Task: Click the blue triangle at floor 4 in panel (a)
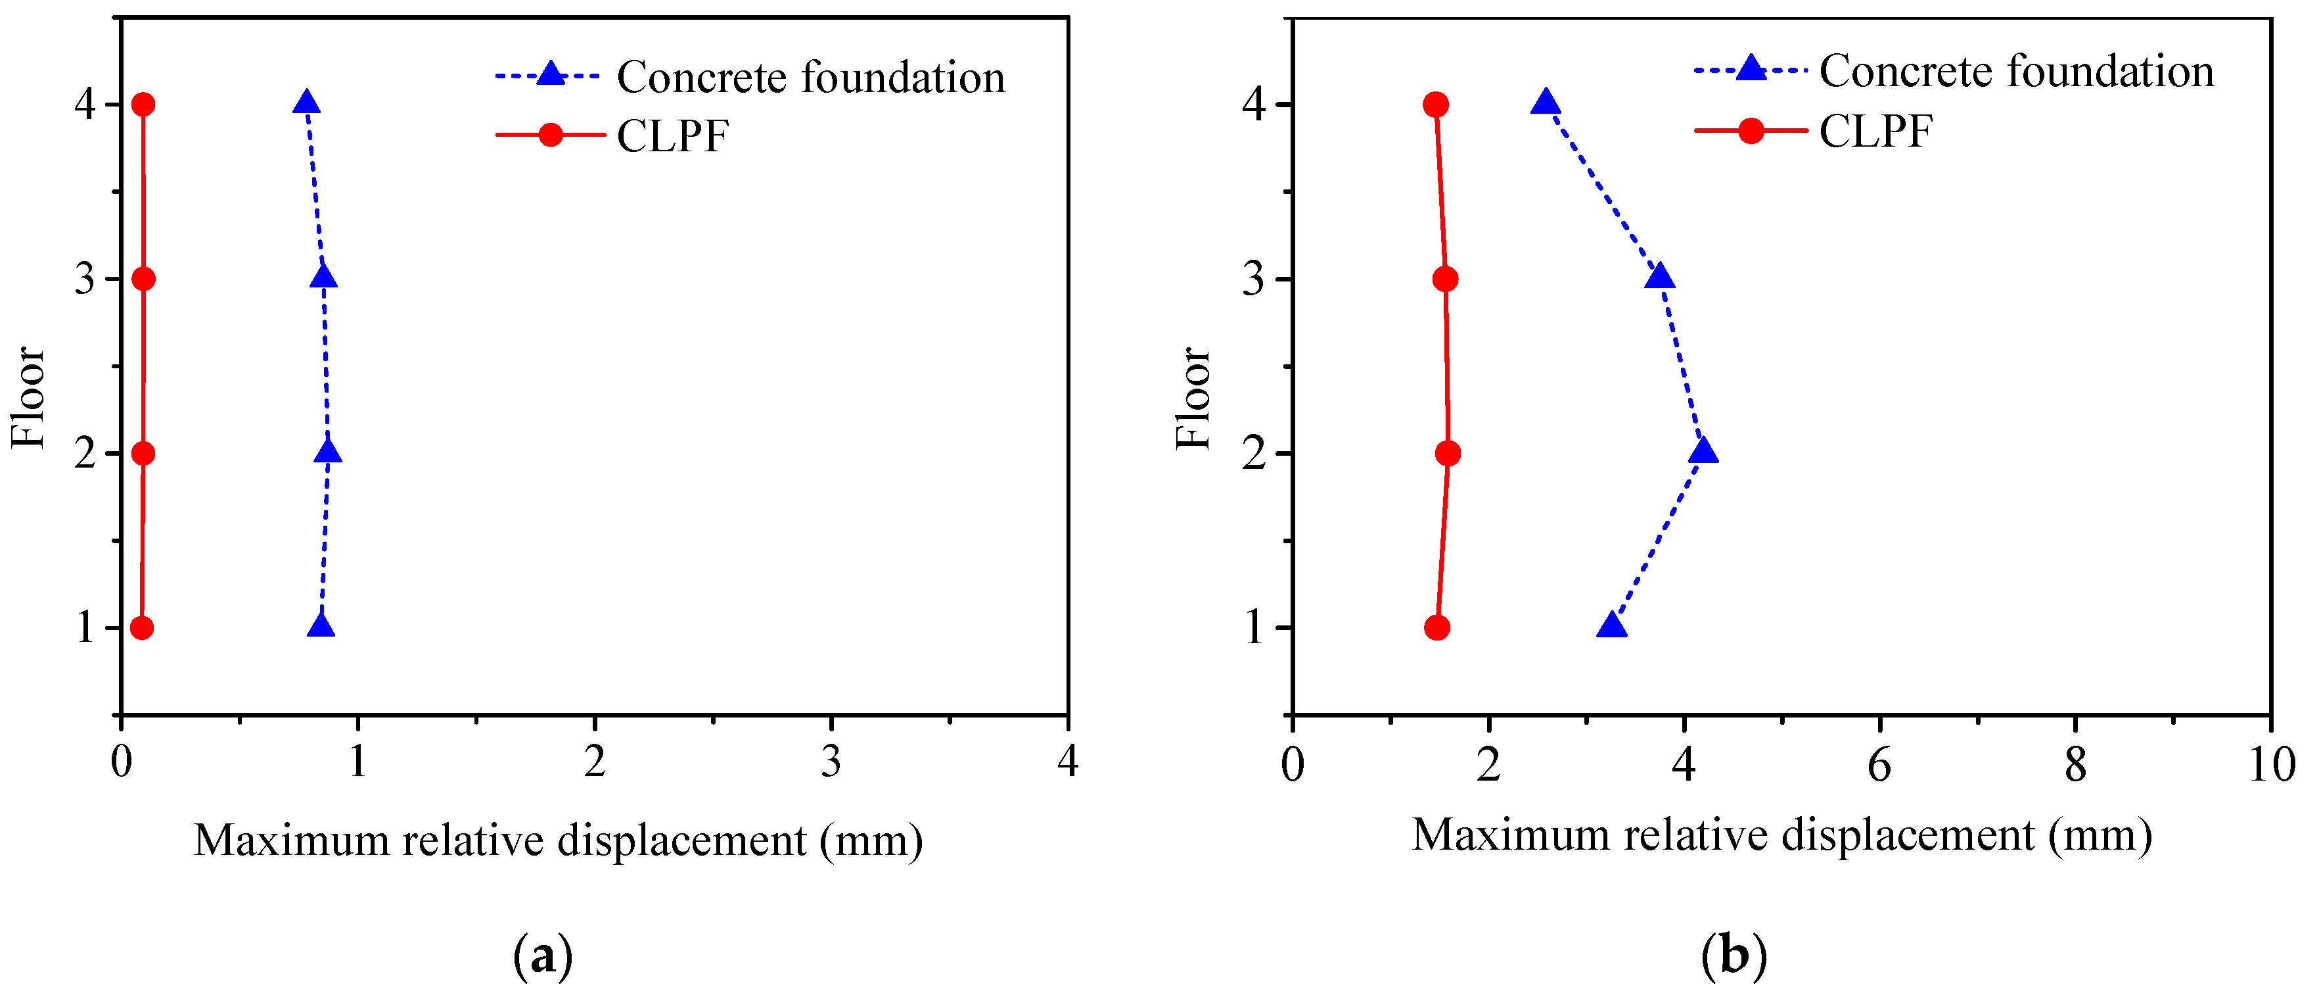click(306, 103)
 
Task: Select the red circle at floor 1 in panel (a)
click(141, 628)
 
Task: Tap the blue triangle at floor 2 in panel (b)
click(1703, 451)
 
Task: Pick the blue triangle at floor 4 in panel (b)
click(1546, 103)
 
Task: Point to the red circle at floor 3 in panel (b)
click(1445, 280)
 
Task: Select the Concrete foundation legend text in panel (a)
click(810, 78)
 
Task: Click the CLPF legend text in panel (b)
click(1875, 132)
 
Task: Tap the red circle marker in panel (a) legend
click(550, 135)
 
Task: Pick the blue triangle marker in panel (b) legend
click(1750, 68)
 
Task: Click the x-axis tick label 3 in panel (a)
click(831, 763)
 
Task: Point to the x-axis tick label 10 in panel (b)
click(2271, 766)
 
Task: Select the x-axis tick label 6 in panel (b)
click(1879, 766)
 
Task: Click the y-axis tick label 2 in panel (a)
click(85, 454)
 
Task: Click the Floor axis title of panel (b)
click(1194, 397)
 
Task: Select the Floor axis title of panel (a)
click(28, 397)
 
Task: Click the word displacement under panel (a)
click(681, 841)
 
